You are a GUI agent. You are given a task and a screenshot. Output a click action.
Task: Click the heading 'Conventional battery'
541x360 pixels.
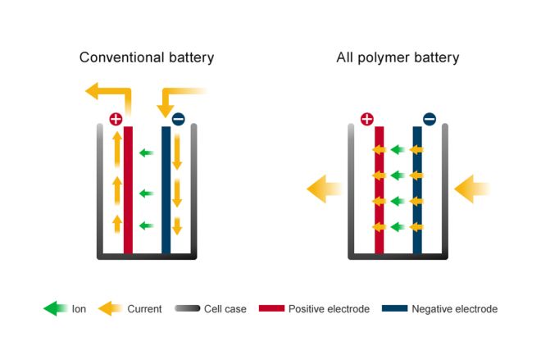147,57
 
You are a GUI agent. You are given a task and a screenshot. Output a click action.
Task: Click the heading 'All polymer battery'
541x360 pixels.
398,57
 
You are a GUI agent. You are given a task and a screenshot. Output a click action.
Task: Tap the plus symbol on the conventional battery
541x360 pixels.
116,119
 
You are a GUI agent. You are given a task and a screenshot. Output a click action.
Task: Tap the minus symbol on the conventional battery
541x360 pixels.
179,119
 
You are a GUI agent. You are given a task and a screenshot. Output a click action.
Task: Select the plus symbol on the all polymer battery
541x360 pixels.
366,119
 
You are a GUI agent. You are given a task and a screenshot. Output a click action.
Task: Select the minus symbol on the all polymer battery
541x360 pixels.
430,119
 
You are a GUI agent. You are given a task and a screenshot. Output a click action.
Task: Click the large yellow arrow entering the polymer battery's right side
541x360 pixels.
471,189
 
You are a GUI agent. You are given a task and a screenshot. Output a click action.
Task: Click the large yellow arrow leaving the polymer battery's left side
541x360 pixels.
324,189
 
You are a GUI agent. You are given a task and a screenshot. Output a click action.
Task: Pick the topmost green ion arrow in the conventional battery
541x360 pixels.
147,153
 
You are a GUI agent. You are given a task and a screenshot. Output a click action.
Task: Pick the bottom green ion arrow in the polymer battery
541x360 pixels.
398,226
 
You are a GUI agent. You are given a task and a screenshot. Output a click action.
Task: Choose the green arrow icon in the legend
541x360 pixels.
54,309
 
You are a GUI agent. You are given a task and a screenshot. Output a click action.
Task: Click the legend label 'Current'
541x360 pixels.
144,309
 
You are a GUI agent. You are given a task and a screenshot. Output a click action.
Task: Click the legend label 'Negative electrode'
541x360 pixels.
454,309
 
